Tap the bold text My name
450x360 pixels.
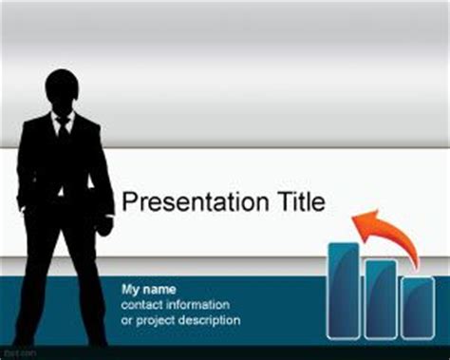pyautogui.click(x=149, y=288)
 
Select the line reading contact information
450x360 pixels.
pyautogui.click(x=175, y=304)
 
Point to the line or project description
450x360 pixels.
pyautogui.click(x=180, y=320)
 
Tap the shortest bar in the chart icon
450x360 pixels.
pyautogui.click(x=417, y=307)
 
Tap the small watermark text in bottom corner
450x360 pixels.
pyautogui.click(x=12, y=352)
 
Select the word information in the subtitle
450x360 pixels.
pyautogui.click(x=197, y=304)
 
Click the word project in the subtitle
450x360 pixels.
pyautogui.click(x=156, y=321)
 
